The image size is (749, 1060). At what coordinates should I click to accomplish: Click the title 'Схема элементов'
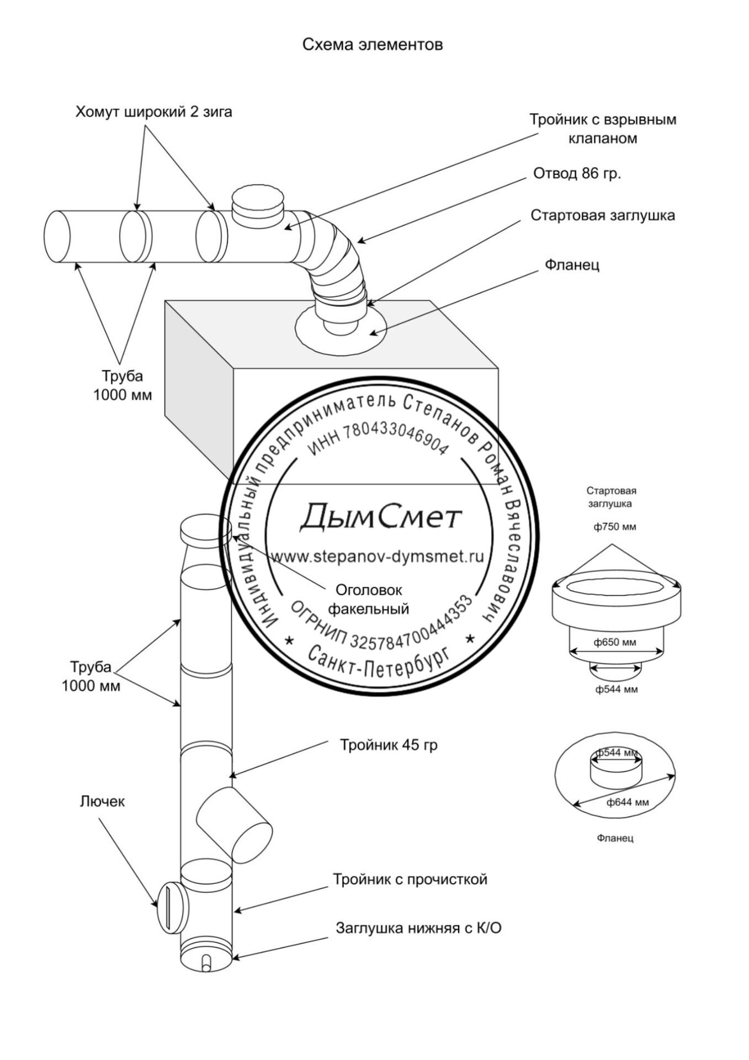click(372, 44)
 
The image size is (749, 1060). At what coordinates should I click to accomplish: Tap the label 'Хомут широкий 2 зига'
click(153, 112)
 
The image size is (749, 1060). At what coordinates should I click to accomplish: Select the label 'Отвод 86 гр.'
click(577, 173)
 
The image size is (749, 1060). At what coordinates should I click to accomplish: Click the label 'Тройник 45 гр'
click(389, 745)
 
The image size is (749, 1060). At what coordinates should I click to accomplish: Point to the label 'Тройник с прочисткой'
click(410, 879)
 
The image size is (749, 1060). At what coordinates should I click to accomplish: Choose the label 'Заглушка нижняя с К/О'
click(418, 928)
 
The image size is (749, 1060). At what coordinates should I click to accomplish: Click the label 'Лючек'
click(102, 801)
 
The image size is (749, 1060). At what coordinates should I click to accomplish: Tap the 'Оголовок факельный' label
click(369, 599)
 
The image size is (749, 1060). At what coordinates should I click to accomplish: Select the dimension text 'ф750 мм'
click(614, 527)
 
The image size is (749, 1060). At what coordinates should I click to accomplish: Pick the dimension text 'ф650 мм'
click(615, 642)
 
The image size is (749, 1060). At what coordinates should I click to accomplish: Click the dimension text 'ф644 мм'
click(628, 802)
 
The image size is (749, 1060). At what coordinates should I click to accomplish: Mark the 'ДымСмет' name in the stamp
click(380, 516)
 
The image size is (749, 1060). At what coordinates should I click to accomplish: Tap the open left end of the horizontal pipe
click(57, 236)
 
